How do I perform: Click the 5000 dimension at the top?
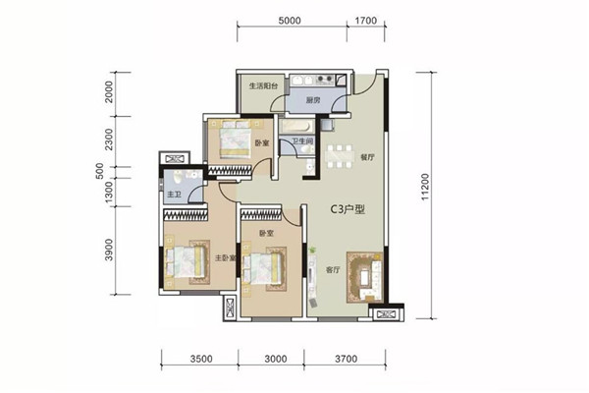290,21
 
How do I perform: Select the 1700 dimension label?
366,21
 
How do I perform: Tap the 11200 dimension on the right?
425,187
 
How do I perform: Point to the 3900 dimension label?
109,250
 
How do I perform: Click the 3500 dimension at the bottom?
201,359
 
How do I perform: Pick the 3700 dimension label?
346,359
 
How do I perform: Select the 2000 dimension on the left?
109,91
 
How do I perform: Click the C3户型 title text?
348,209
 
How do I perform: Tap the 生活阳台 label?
263,85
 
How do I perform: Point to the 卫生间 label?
302,141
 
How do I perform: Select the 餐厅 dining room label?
368,157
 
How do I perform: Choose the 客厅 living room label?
333,270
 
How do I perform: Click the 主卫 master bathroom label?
174,195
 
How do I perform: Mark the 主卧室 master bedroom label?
226,258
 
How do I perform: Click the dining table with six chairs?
340,156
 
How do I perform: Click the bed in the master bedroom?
187,261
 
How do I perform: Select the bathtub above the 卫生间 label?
296,126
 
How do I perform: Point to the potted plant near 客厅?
312,250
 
